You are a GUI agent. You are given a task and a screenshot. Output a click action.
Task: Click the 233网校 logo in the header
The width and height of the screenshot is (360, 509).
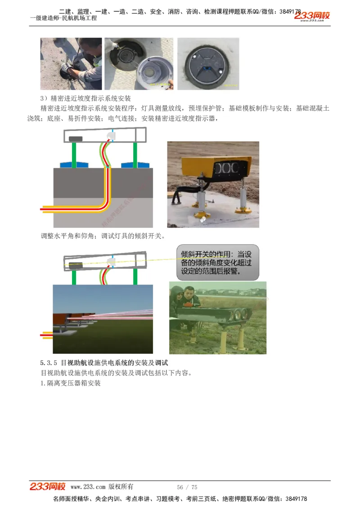point(312,16)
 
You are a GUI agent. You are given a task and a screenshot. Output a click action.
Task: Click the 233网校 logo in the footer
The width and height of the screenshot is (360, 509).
point(48,487)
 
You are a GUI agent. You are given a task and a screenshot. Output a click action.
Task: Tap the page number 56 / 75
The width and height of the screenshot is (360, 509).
point(187,487)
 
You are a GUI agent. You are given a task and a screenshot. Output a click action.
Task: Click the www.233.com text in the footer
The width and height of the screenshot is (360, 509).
point(88,487)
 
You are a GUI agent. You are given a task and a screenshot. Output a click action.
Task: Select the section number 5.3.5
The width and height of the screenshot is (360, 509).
point(49,362)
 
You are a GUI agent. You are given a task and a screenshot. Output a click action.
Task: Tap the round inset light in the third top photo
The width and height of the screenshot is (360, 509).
point(207,65)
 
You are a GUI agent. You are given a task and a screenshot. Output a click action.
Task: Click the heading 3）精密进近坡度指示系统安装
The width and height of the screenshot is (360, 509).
point(85,98)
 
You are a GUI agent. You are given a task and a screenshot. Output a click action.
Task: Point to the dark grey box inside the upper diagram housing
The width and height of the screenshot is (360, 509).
point(75,138)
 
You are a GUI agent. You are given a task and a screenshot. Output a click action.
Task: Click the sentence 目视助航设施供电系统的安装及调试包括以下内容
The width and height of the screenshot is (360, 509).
point(116,373)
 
